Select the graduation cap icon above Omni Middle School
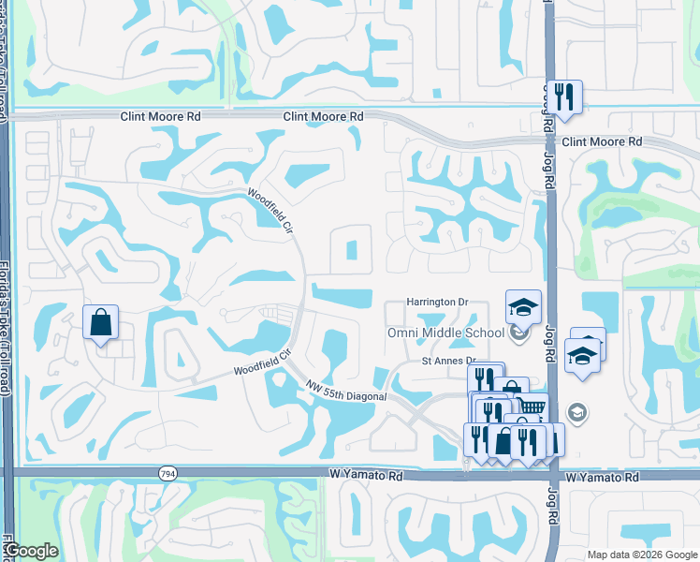523,305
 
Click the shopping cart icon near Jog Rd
532,407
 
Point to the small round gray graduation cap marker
577,412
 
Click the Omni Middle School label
445,333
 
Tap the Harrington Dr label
435,303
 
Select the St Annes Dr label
449,361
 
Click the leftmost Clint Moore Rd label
161,117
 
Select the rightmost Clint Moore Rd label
603,141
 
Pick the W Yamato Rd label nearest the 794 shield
366,476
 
